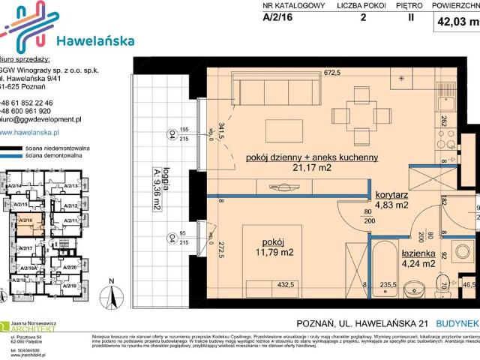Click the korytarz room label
tap(391, 193)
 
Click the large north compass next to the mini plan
tap(111, 294)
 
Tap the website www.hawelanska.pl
tap(30, 131)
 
